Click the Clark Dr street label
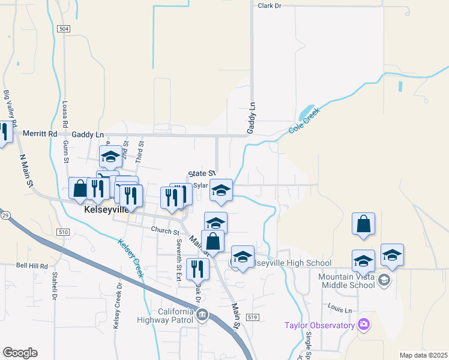pos(269,5)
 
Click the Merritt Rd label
pos(40,134)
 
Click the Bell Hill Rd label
pos(32,265)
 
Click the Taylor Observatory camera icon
pos(363,325)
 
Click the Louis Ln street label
pos(340,310)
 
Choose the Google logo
pos(20,353)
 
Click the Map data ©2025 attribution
pos(423,355)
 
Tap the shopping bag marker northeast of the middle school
pos(363,225)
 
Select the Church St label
pos(165,230)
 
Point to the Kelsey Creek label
pos(131,258)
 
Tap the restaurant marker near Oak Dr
pos(197,270)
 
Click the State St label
pos(200,172)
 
